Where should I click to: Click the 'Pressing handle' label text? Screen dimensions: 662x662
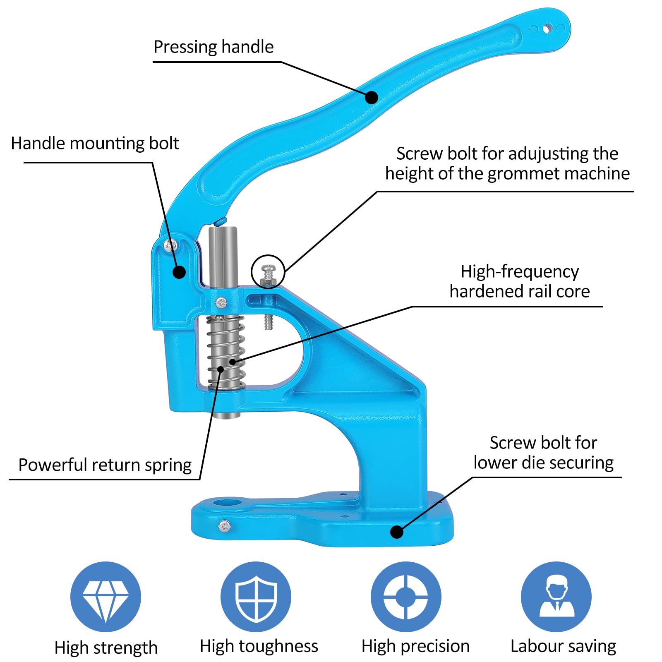[213, 47]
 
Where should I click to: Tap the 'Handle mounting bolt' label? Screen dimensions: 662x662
[95, 144]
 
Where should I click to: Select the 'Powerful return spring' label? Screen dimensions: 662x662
[105, 465]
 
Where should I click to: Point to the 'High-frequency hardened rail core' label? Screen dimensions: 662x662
[520, 281]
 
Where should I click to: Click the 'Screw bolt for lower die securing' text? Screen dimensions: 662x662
[544, 453]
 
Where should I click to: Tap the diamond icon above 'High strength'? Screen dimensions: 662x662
[106, 597]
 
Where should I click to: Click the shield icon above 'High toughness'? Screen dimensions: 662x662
[256, 597]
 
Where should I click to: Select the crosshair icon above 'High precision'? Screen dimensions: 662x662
[406, 597]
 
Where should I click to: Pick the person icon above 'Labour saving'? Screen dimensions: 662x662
[556, 597]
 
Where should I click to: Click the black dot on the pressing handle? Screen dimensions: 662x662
[372, 98]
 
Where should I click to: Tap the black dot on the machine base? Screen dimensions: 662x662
[397, 532]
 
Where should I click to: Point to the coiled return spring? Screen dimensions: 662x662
[226, 352]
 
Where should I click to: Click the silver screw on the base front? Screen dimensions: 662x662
[225, 526]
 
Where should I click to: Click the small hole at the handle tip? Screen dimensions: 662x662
[547, 29]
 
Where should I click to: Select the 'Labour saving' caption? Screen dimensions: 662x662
[563, 646]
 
